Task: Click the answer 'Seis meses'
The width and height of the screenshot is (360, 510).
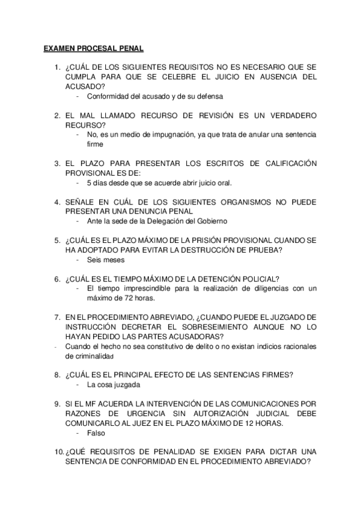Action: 105,260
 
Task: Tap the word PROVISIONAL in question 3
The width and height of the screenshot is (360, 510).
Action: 93,173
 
